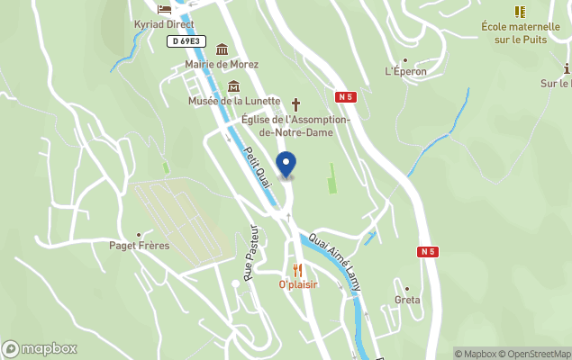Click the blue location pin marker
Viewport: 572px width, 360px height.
click(286, 165)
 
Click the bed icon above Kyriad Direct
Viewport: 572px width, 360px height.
click(164, 8)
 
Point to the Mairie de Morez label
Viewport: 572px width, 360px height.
click(222, 65)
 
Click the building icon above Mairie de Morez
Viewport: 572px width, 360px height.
click(222, 49)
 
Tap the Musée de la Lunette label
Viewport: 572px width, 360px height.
click(234, 102)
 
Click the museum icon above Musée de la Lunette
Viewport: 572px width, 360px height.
click(234, 86)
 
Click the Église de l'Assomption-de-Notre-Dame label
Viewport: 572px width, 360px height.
click(289, 126)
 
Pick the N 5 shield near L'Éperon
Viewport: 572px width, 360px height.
click(345, 96)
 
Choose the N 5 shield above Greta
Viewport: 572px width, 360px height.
click(428, 252)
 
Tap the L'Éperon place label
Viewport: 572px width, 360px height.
click(405, 71)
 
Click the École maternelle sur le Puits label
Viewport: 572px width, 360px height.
click(521, 32)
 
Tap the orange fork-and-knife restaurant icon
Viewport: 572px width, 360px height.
click(297, 270)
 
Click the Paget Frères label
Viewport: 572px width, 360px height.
click(139, 246)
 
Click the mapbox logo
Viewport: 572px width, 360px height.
click(40, 349)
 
